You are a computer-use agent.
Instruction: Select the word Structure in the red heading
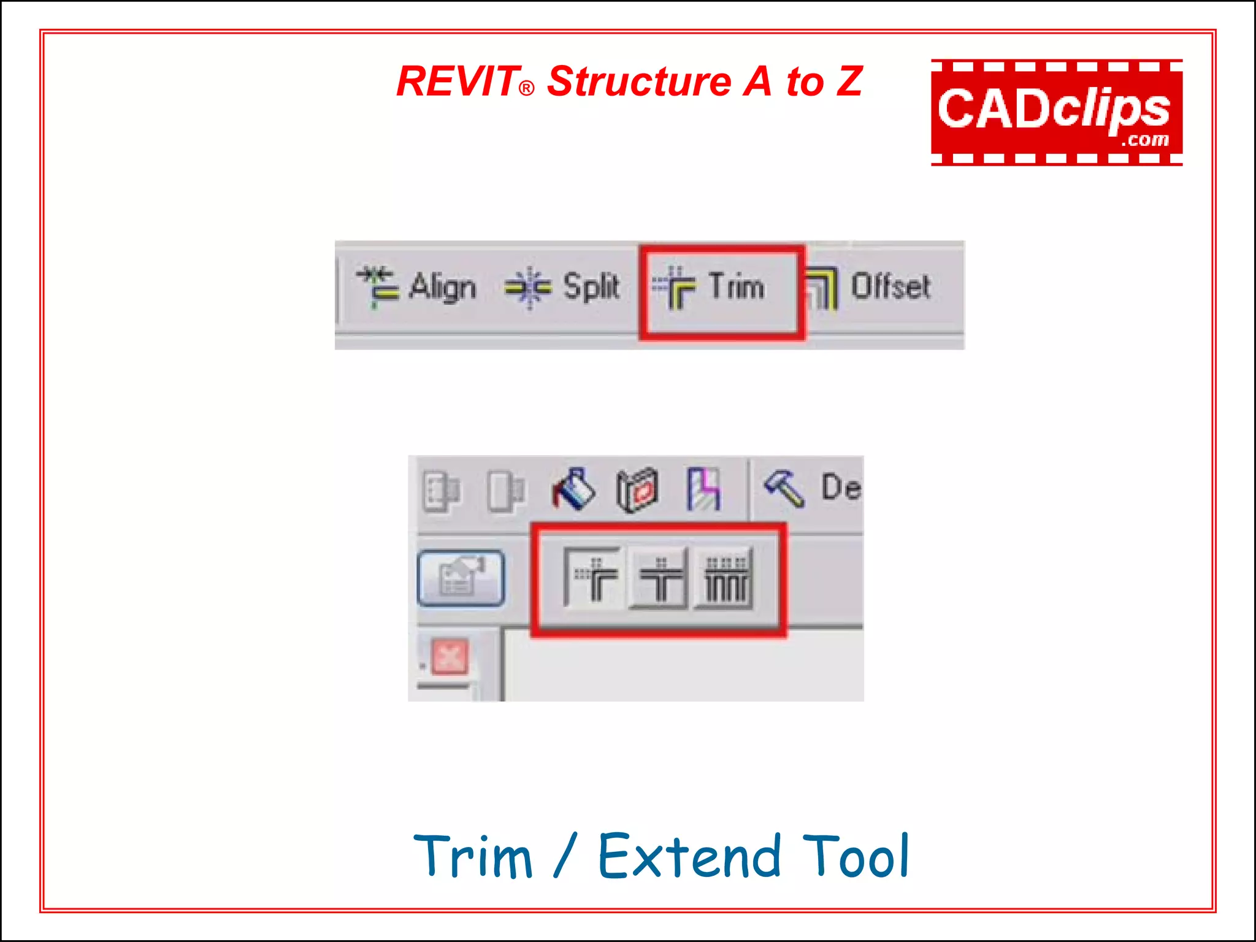click(x=639, y=82)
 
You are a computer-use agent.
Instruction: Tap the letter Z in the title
click(x=849, y=82)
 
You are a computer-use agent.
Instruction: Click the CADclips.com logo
click(x=1056, y=113)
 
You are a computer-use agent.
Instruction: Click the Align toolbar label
click(x=442, y=287)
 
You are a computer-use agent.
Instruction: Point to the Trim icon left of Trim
click(x=674, y=287)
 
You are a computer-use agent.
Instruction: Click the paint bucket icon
click(x=573, y=490)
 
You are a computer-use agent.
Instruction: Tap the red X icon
click(x=450, y=657)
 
